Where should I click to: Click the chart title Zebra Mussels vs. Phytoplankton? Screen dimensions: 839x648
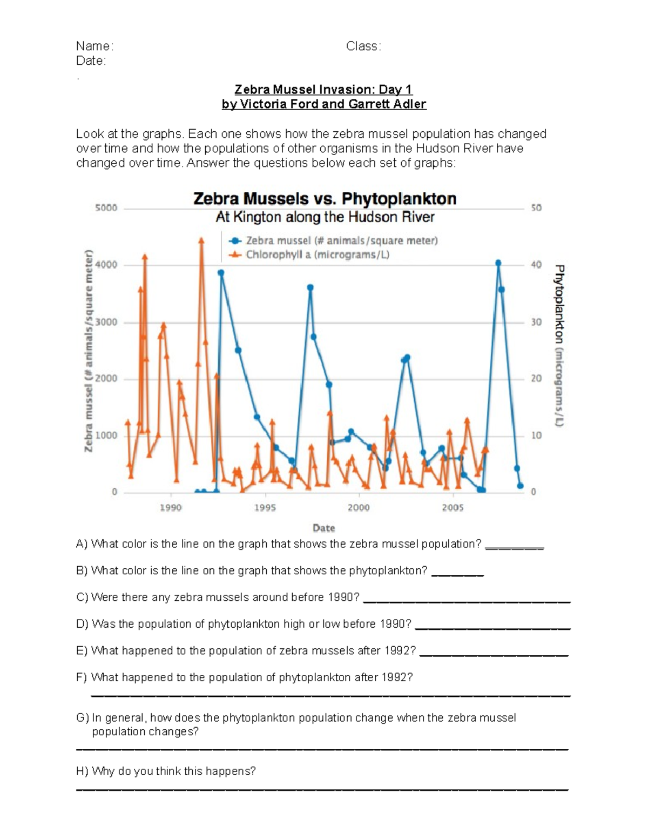[x=325, y=199]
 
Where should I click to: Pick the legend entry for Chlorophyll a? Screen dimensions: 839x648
[x=317, y=254]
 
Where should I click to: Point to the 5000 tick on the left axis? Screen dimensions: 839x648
[x=106, y=208]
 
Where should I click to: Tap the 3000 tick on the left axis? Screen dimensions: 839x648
[x=106, y=323]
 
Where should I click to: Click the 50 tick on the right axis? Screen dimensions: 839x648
[x=536, y=208]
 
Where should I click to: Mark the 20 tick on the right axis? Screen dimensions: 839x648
[x=536, y=379]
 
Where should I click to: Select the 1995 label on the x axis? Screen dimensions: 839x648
[x=265, y=508]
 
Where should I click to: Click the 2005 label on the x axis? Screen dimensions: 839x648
[x=453, y=508]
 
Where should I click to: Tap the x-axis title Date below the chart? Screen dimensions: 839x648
[x=323, y=528]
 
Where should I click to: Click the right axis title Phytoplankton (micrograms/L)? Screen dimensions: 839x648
[x=559, y=346]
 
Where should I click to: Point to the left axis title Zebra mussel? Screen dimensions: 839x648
[x=89, y=351]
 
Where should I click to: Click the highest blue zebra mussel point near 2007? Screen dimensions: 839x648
[x=498, y=263]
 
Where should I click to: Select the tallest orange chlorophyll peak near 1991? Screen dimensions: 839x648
[x=201, y=240]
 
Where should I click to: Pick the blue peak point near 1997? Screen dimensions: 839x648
[x=310, y=287]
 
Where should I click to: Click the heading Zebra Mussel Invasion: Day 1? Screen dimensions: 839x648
[x=323, y=90]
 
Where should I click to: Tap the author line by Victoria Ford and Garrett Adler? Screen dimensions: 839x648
[x=324, y=104]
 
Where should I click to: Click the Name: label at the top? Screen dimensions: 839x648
[x=94, y=46]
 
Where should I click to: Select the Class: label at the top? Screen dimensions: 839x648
[x=363, y=46]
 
